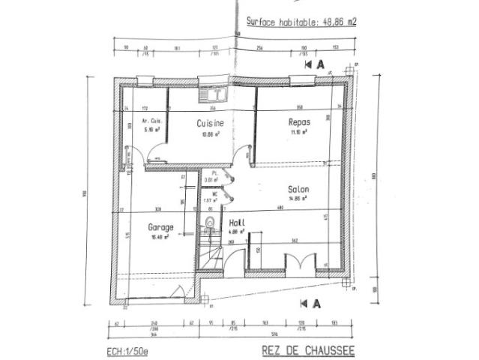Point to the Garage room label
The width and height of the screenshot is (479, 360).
click(x=160, y=226)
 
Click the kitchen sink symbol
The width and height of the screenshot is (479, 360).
click(x=214, y=94)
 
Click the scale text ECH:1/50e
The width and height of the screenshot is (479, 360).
click(x=129, y=350)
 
